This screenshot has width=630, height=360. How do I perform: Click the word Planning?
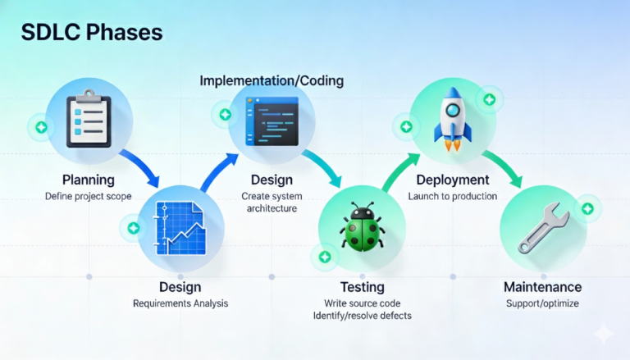89,180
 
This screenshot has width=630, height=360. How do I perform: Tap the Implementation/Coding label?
272,81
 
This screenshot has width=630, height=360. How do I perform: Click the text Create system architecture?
269,203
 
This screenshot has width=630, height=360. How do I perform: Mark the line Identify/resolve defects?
363,316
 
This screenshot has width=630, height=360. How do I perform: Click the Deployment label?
453,180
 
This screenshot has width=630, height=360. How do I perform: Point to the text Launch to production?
453,196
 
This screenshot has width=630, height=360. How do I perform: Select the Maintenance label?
542,287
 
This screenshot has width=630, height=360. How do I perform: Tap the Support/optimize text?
542,303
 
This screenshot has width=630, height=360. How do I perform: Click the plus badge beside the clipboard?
39,128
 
